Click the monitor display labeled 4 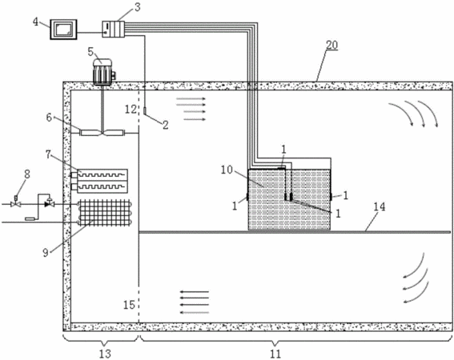[64, 30]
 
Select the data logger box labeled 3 [113, 29]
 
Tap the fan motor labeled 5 [103, 71]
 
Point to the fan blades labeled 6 [102, 133]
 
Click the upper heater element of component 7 [99, 175]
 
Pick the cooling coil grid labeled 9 [105, 213]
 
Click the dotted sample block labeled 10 [289, 200]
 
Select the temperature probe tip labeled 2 [145, 110]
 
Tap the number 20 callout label [331, 46]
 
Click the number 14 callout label [380, 207]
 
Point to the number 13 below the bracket [105, 354]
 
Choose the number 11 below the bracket [275, 354]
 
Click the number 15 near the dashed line [129, 305]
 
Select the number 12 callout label [131, 109]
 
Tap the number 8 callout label [27, 174]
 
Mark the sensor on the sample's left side [247, 197]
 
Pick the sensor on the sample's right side [331, 197]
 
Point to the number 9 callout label [46, 253]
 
